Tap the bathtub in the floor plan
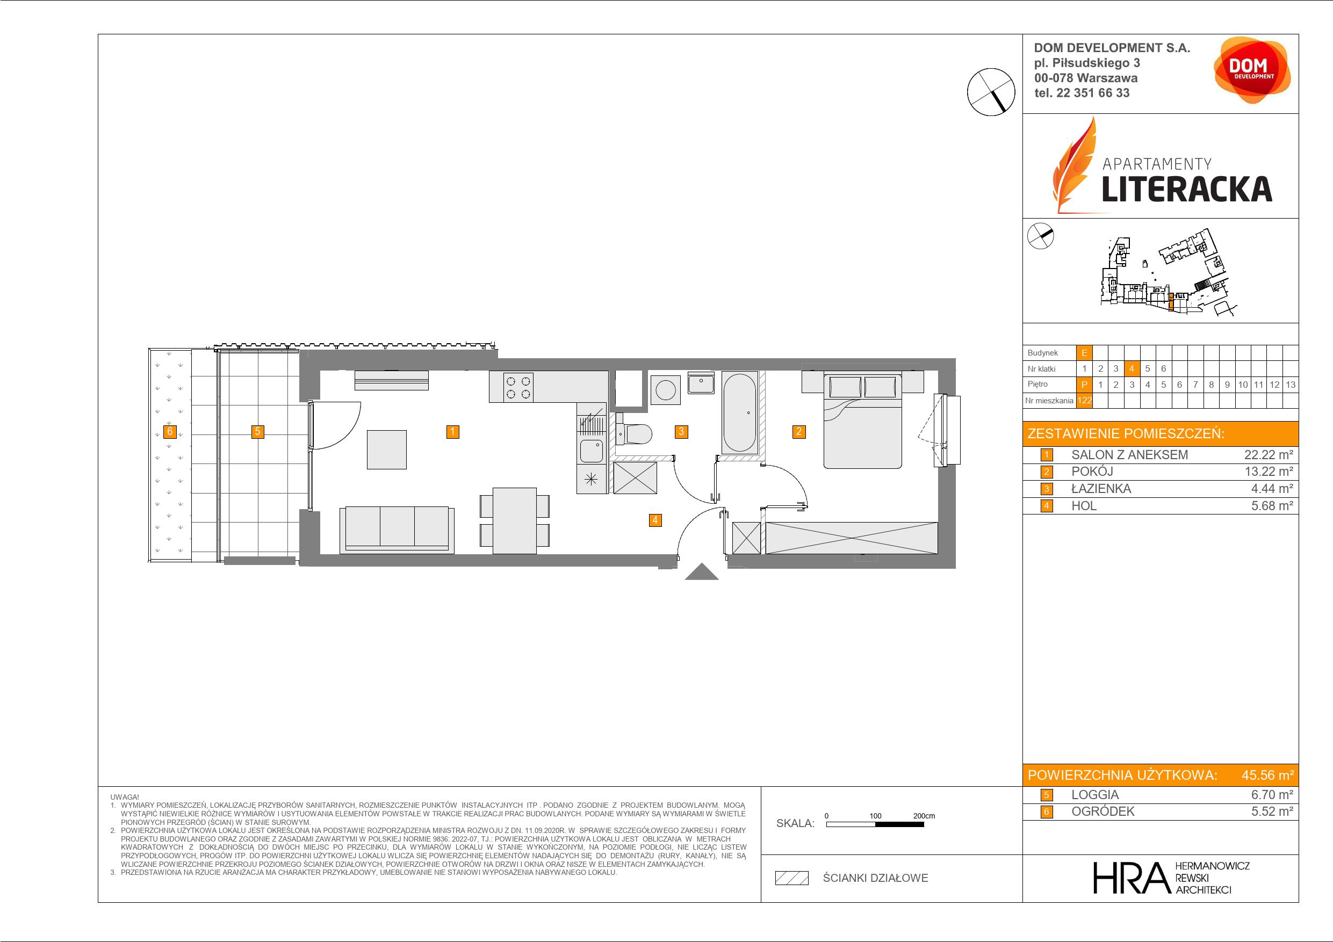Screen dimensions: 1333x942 [x=739, y=412]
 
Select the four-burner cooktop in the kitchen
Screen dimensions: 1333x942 [x=518, y=388]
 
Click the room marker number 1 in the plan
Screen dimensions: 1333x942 [x=453, y=431]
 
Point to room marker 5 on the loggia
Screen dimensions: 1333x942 [x=257, y=431]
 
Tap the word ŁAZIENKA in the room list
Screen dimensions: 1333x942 [x=1101, y=489]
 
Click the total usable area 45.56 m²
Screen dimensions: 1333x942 [x=1267, y=775]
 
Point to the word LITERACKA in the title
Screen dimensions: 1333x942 [x=1187, y=189]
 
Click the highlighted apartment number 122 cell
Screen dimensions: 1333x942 [x=1084, y=401]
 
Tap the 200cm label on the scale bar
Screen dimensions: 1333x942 [x=924, y=815]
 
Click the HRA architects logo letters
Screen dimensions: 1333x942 [x=1130, y=878]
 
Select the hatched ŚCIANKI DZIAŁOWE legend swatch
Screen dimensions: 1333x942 [x=792, y=878]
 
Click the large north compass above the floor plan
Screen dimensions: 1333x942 [x=991, y=92]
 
